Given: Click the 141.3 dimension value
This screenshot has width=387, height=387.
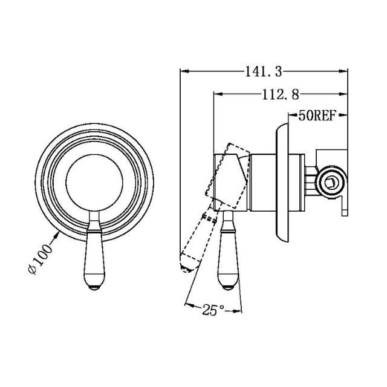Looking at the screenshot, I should click(x=264, y=72).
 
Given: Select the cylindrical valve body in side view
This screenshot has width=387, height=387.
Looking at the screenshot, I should click(x=260, y=181).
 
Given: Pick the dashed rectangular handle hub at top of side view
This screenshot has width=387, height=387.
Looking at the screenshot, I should click(x=229, y=175).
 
